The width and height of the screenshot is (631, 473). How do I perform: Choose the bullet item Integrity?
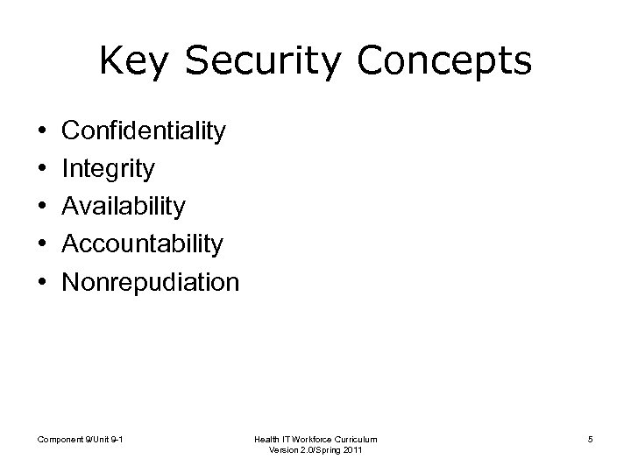click(x=110, y=169)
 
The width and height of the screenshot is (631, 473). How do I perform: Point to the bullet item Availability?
click(x=125, y=207)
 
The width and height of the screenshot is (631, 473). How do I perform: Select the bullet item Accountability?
click(x=144, y=244)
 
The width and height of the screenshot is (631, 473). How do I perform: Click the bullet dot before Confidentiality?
click(x=44, y=132)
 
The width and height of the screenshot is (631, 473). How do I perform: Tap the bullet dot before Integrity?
click(x=44, y=170)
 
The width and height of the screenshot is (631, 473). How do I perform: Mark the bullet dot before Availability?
click(x=44, y=208)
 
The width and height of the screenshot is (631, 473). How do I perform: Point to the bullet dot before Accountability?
click(x=44, y=245)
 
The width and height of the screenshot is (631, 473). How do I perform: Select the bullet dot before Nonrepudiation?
click(x=44, y=283)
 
